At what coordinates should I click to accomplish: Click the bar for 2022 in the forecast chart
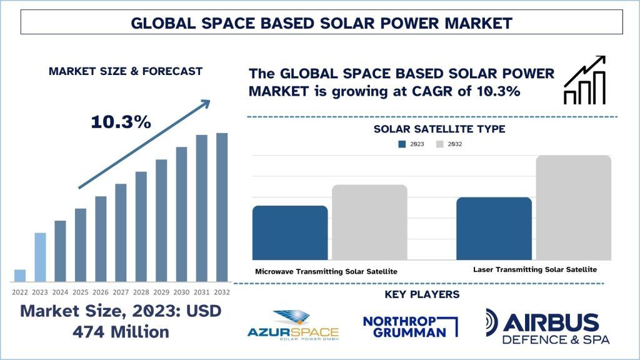tap(20, 276)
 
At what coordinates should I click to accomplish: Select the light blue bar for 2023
tap(40, 257)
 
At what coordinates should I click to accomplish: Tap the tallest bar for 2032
tap(222, 207)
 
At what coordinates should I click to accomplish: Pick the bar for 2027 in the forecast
tap(121, 232)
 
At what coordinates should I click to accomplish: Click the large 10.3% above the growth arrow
tap(121, 122)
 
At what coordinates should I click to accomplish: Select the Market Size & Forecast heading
tap(126, 71)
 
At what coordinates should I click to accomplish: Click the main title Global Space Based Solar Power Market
tap(321, 23)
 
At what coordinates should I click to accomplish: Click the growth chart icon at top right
tap(584, 79)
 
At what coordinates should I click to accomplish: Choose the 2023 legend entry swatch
tap(402, 144)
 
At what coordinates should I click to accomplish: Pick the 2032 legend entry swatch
tap(439, 144)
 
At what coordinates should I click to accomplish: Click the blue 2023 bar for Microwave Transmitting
tap(290, 232)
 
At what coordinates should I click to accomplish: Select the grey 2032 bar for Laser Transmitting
tap(573, 207)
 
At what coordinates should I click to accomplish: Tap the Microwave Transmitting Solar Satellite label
tap(326, 271)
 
